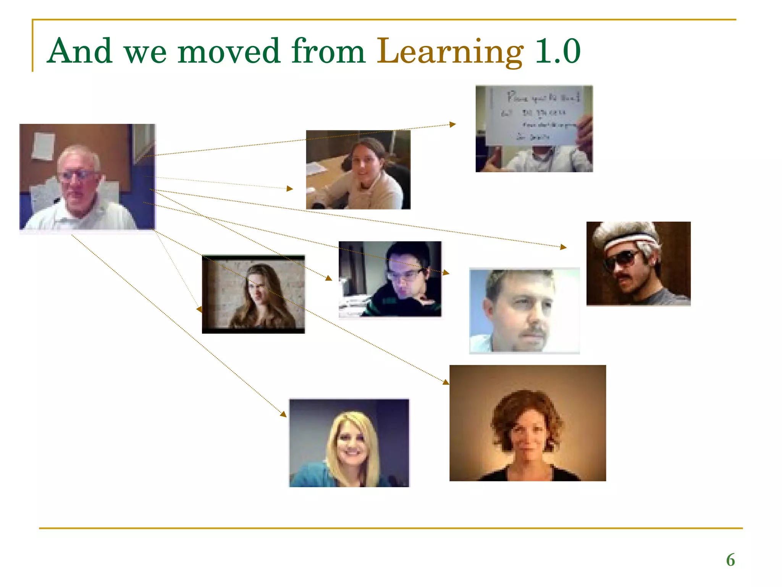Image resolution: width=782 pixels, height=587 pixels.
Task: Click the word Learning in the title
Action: point(450,52)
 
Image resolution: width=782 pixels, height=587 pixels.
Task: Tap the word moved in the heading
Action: point(229,52)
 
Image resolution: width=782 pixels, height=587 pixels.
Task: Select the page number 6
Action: point(730,560)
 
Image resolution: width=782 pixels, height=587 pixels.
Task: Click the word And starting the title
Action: point(80,52)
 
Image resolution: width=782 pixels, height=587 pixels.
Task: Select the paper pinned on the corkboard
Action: point(43,145)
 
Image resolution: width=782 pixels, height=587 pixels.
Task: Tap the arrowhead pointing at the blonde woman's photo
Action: point(283,414)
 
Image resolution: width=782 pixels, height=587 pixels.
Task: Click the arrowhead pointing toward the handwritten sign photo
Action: point(453,124)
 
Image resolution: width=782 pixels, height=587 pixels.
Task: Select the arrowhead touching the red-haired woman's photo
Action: point(446,382)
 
